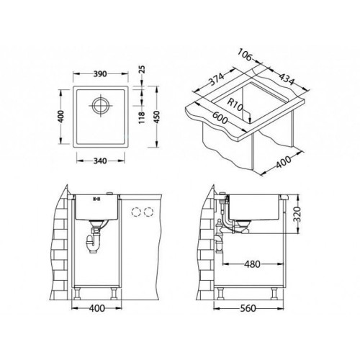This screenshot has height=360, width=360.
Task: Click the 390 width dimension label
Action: [100, 74]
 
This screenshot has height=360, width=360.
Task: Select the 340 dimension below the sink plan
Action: [100, 161]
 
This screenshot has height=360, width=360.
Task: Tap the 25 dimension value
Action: [143, 69]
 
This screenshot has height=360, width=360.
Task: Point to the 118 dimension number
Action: [142, 117]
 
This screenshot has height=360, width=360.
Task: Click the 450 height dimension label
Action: [156, 117]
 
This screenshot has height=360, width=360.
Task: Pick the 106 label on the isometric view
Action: [245, 55]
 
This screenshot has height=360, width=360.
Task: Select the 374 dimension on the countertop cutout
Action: [216, 79]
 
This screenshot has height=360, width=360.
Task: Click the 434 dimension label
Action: [287, 79]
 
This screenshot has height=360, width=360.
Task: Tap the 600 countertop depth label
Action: [219, 117]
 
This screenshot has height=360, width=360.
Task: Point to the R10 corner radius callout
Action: [235, 105]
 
